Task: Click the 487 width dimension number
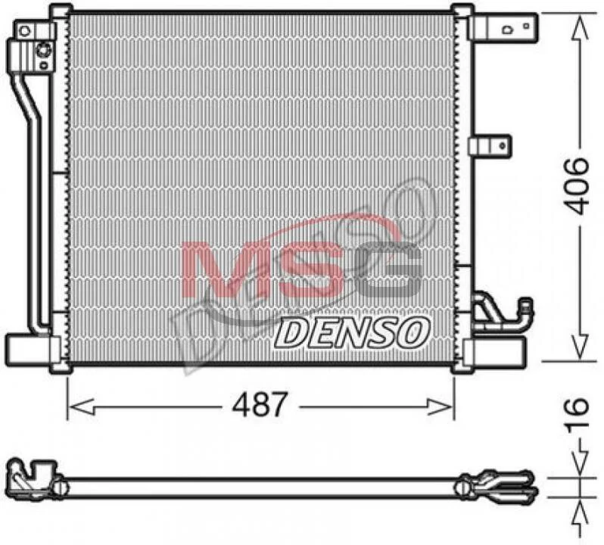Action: click(260, 405)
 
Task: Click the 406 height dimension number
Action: click(577, 186)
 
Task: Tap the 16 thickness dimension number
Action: click(577, 413)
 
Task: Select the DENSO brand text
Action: click(352, 332)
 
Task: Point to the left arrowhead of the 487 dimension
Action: click(81, 406)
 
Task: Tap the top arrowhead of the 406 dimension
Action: click(580, 29)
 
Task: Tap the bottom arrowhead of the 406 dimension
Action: click(580, 344)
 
